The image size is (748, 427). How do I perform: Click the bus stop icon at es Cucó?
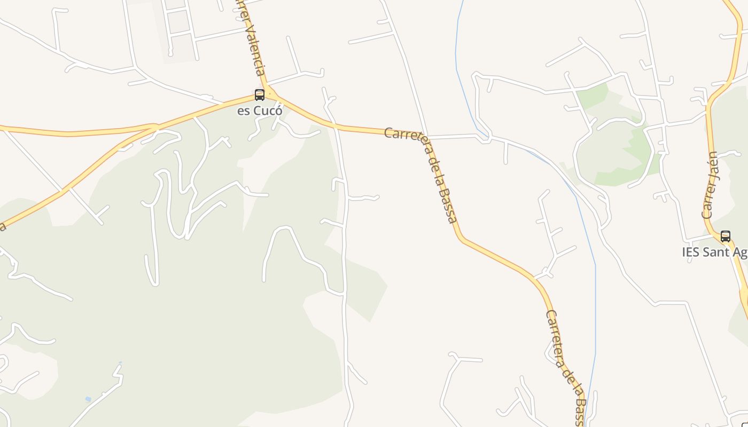(260, 95)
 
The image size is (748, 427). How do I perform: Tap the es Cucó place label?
(260, 112)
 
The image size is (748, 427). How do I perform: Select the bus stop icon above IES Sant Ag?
(726, 236)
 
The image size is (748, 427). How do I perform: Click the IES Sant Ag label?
(714, 252)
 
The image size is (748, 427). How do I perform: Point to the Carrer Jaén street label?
(710, 186)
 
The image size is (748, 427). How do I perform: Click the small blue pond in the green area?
(88, 399)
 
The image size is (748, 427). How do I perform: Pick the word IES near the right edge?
(691, 252)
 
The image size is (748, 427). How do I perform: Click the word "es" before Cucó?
(244, 112)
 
